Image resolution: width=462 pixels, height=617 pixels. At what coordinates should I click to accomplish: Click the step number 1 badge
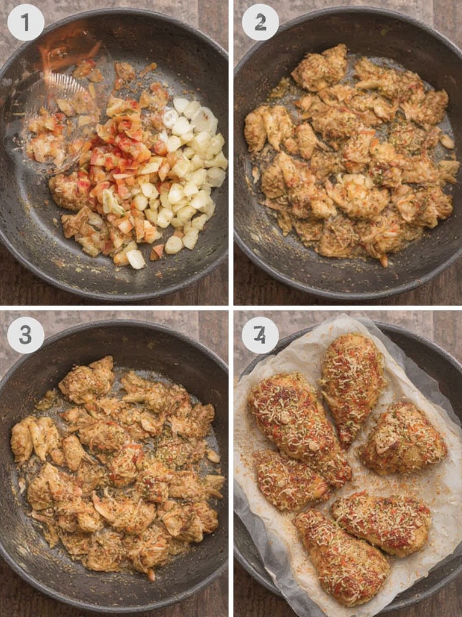(25, 23)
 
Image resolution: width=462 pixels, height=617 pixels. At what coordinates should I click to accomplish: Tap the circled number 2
(260, 23)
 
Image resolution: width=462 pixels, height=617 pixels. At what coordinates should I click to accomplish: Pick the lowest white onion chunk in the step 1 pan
(135, 259)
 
